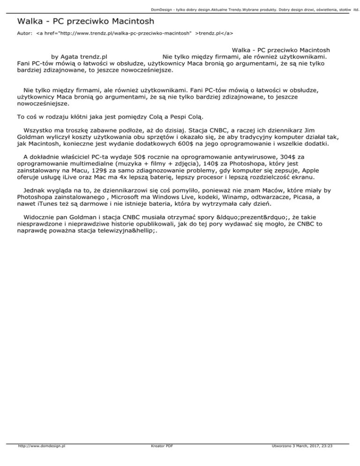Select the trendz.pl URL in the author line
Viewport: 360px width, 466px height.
[122, 34]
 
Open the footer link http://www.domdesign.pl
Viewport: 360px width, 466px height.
[41, 459]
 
